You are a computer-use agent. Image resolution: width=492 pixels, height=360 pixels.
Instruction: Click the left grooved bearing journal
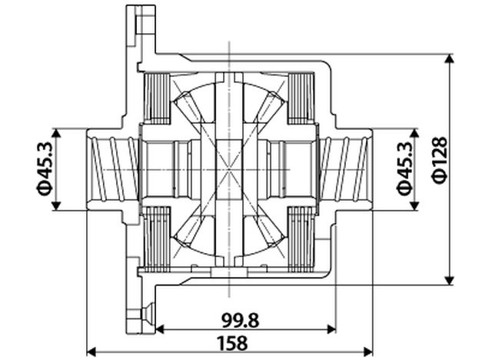click(x=113, y=168)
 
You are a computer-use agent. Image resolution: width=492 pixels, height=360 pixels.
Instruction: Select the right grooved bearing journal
click(x=347, y=168)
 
